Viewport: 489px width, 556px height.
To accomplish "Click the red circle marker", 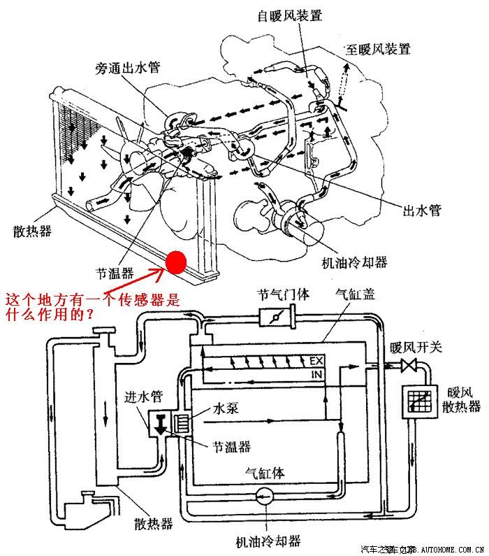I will pos(176,262).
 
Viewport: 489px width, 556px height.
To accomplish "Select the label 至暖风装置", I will pos(378,49).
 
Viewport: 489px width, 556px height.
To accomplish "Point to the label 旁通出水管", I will pos(128,69).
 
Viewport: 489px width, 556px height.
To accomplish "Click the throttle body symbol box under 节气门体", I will pos(277,318).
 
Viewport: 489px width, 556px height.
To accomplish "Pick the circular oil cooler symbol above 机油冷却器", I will pos(263,497).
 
